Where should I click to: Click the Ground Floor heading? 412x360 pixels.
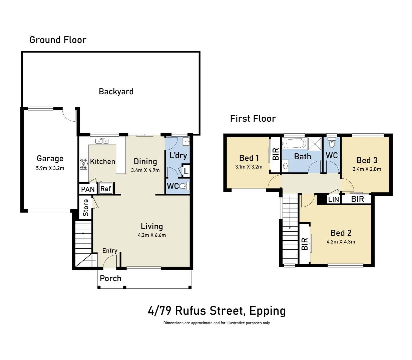tap(58, 40)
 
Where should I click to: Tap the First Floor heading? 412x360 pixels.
tap(253, 119)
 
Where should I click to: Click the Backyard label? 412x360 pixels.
tap(116, 92)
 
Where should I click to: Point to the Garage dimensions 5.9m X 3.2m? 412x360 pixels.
tap(50, 168)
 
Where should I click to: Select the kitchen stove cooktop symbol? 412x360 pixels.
tap(83, 164)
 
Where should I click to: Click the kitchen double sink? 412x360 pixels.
tap(102, 141)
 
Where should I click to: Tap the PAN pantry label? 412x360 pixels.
tap(88, 189)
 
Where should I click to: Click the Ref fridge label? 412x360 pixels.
tap(105, 189)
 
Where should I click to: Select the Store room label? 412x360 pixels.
tap(86, 207)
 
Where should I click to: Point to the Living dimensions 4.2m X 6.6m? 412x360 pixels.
tap(152, 235)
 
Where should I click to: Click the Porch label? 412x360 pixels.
tap(110, 278)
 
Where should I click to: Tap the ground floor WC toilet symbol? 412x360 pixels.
tap(183, 186)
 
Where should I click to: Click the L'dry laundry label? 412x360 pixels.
tap(178, 155)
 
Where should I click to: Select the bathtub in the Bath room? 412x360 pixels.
tap(294, 144)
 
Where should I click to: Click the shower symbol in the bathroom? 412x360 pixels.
tap(314, 144)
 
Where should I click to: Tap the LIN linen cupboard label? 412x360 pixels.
tap(333, 199)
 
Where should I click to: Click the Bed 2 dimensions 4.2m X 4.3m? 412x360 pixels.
tap(341, 242)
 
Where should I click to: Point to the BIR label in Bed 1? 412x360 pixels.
tap(276, 154)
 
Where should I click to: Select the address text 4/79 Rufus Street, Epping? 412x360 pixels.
tap(217, 311)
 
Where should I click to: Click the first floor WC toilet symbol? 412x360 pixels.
tap(332, 144)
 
